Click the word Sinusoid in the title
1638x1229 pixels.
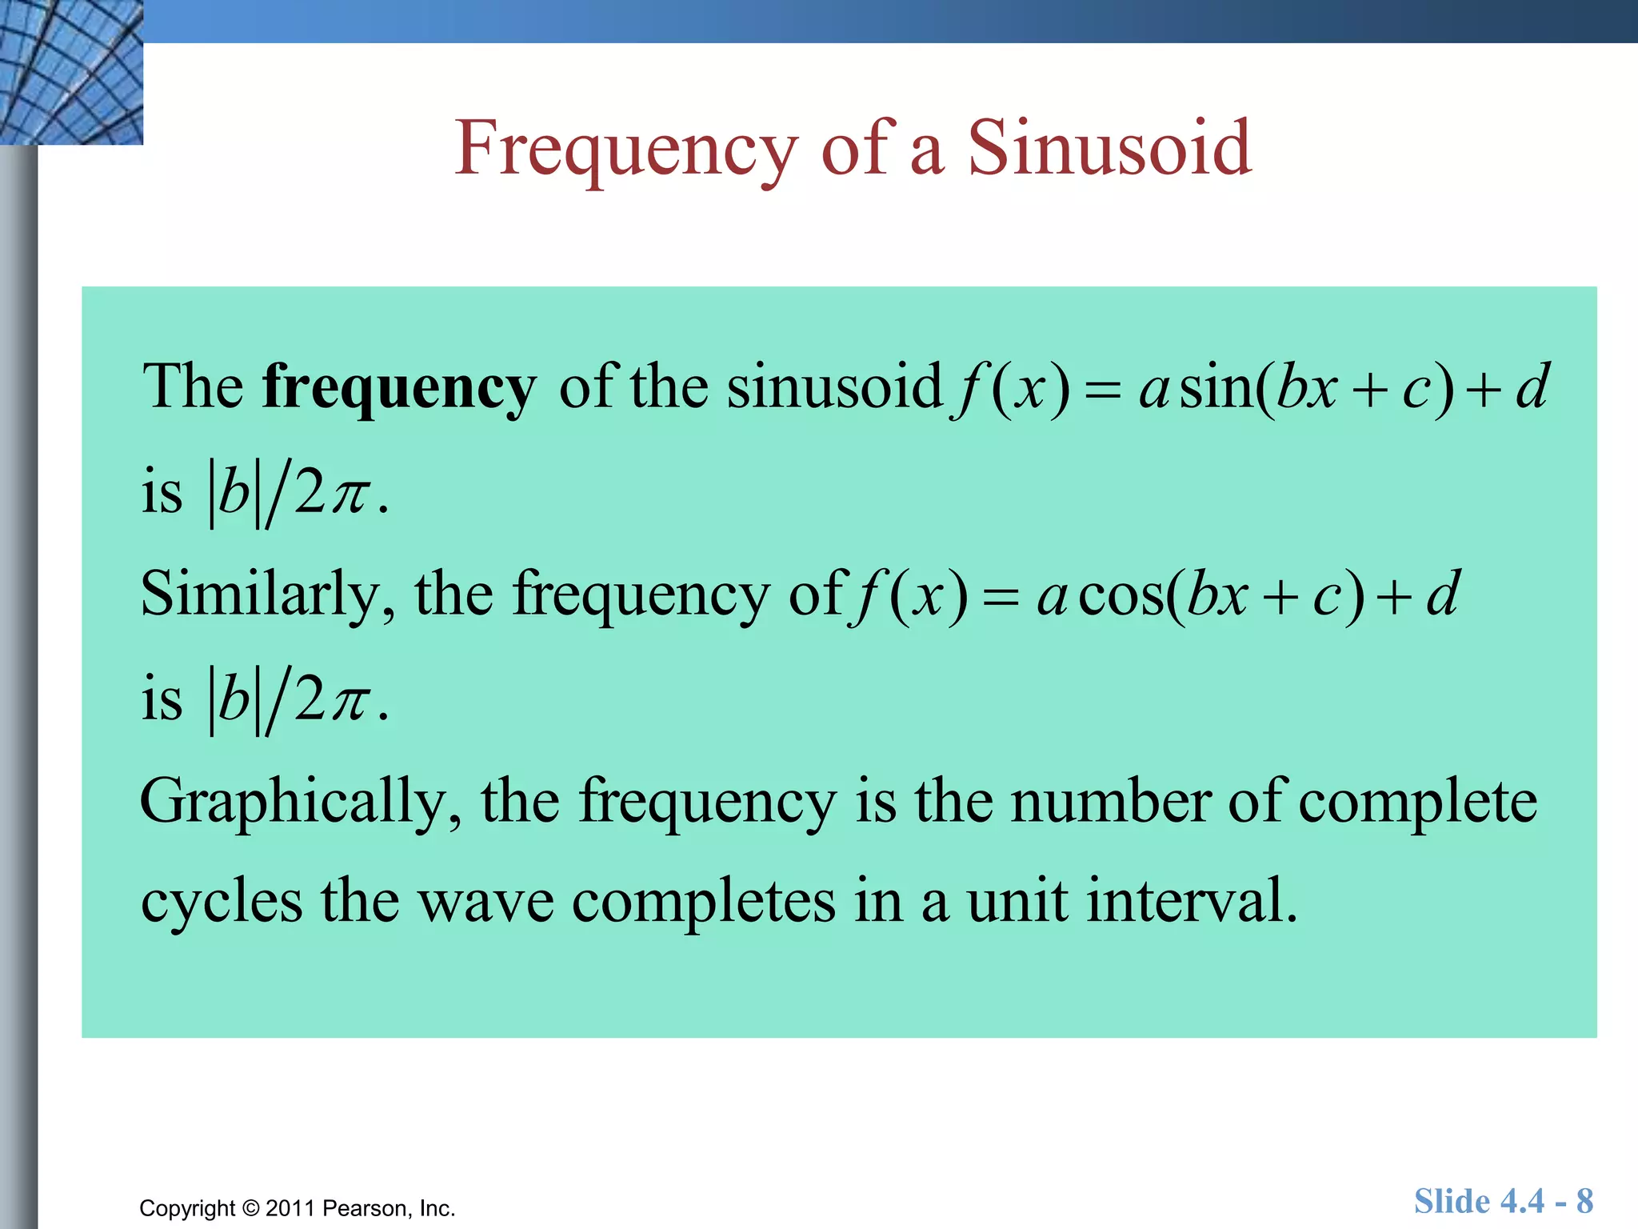click(x=1109, y=148)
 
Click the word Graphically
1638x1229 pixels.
click(x=301, y=803)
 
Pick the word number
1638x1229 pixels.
click(x=1111, y=801)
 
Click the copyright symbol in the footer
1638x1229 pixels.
click(x=251, y=1208)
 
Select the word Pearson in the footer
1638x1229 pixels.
click(x=366, y=1208)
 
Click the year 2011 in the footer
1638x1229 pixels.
click(x=290, y=1208)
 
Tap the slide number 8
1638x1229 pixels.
click(x=1584, y=1201)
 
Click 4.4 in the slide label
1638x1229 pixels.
click(x=1522, y=1201)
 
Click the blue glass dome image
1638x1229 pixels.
click(x=71, y=72)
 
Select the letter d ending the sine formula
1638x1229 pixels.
click(x=1532, y=387)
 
